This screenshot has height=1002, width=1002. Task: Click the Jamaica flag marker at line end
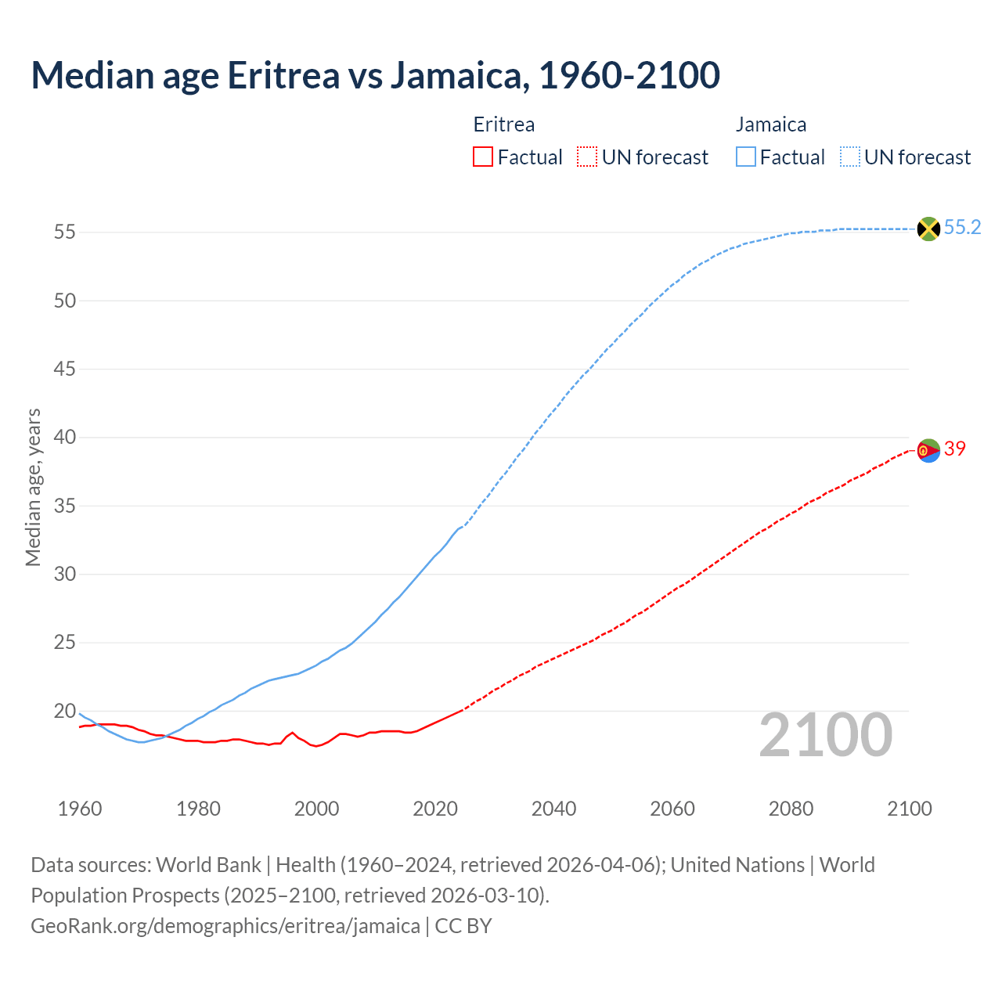click(x=928, y=229)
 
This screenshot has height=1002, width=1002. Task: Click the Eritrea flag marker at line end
click(x=928, y=450)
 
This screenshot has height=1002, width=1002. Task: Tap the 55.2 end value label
click(x=962, y=228)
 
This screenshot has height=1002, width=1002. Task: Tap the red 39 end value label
click(x=954, y=449)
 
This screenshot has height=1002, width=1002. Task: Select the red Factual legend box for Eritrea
click(x=483, y=157)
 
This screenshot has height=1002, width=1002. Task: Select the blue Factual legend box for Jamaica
click(x=745, y=157)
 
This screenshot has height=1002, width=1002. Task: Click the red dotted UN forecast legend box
click(x=587, y=157)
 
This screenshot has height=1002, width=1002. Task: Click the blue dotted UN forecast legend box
click(x=849, y=157)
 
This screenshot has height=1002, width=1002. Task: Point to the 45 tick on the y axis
click(x=64, y=369)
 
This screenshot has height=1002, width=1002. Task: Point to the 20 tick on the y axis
click(x=64, y=712)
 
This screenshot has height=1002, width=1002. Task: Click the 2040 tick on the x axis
click(x=553, y=809)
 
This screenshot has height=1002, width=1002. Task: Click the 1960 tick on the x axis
click(x=80, y=809)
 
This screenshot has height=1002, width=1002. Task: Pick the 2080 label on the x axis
click(x=791, y=809)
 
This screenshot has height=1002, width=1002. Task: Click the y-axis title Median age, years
click(x=33, y=487)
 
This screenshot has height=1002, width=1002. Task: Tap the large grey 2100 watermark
click(x=825, y=735)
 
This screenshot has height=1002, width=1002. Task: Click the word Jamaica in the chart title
click(x=455, y=75)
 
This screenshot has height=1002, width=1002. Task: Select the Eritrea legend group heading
click(x=504, y=124)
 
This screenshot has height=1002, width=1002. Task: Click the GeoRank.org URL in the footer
click(x=225, y=925)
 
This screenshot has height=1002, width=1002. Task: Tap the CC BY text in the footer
click(x=463, y=925)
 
